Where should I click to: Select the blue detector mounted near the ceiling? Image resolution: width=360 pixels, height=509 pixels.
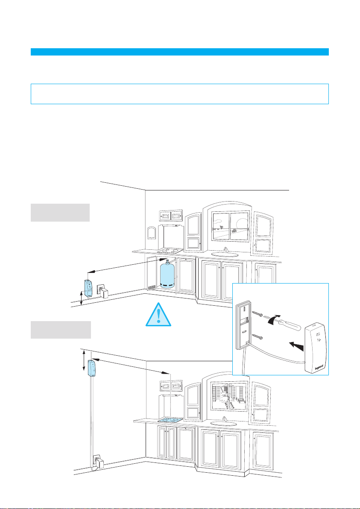tap(92, 369)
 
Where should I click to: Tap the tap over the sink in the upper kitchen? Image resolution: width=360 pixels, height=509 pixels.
tap(226, 249)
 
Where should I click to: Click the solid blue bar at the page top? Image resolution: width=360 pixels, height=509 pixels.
tap(180, 52)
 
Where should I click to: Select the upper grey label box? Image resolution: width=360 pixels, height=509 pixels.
tap(60, 213)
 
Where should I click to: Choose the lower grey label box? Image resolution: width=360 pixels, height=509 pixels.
tap(61, 330)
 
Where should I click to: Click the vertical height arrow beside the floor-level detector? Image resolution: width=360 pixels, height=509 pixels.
tap(82, 297)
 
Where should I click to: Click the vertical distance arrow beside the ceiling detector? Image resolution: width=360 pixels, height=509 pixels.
tap(84, 361)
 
